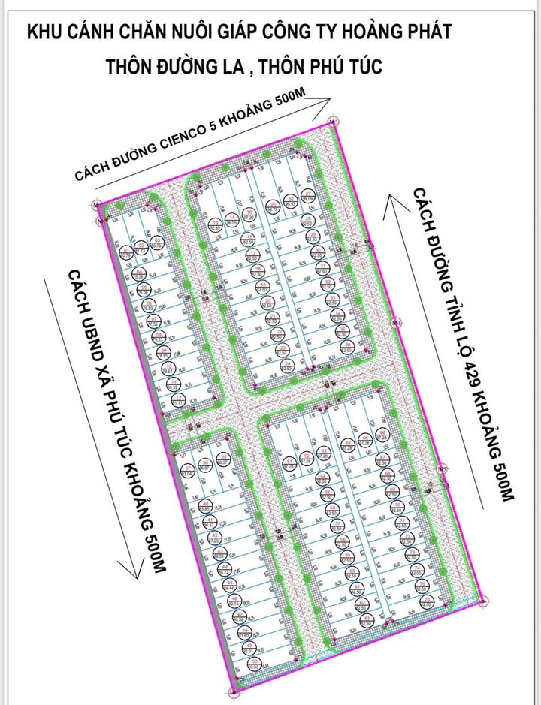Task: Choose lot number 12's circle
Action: click(178, 400)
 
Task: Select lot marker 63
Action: click(366, 620)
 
